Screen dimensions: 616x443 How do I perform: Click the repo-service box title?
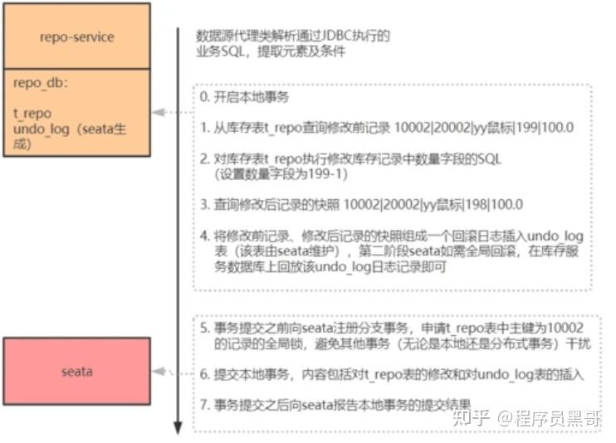coord(76,37)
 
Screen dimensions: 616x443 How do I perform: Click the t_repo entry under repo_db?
coord(32,114)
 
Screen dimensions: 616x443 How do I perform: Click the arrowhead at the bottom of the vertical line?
coord(177,428)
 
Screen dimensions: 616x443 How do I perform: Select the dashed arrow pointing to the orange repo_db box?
coord(168,113)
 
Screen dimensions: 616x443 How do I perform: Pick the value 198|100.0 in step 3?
coord(502,204)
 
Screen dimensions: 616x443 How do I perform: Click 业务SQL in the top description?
coord(218,52)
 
